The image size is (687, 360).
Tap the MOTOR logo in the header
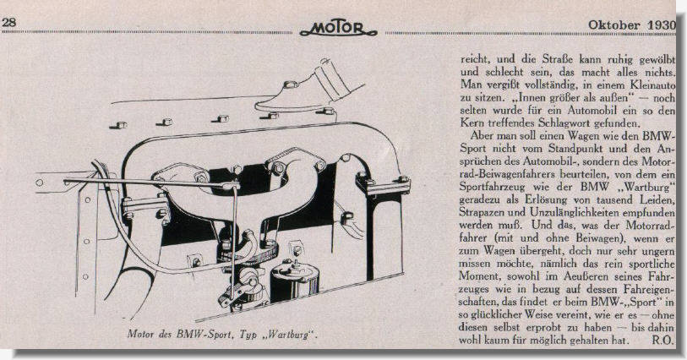click(x=338, y=28)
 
